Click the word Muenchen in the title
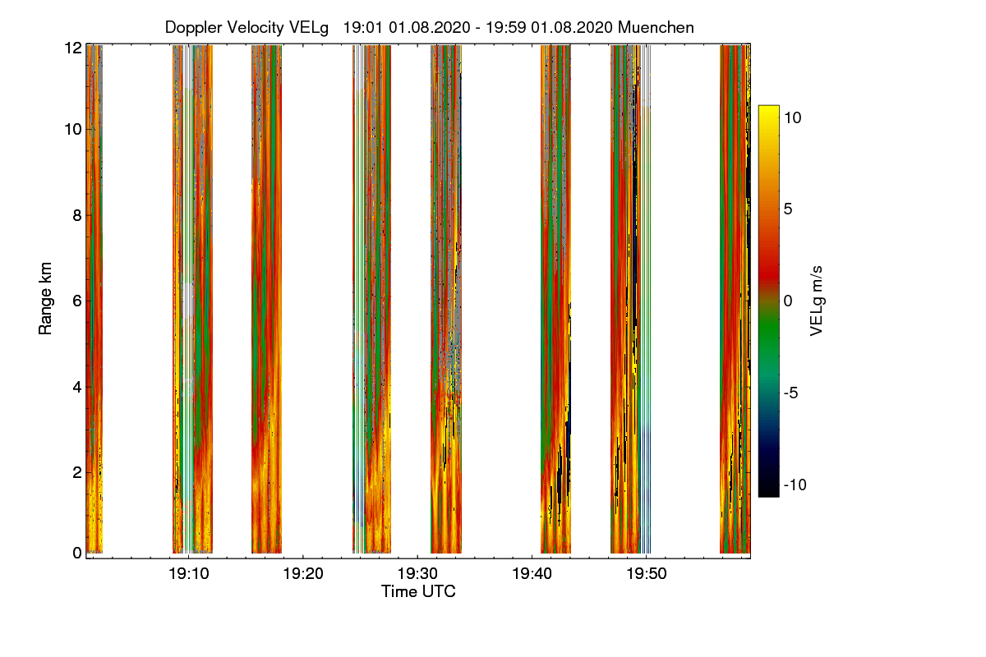pos(656,27)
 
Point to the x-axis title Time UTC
pos(418,591)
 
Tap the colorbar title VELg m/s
pos(816,300)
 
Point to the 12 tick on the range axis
pos(73,48)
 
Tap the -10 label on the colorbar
pos(794,485)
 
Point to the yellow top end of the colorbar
pos(768,110)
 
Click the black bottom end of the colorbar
pos(768,492)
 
